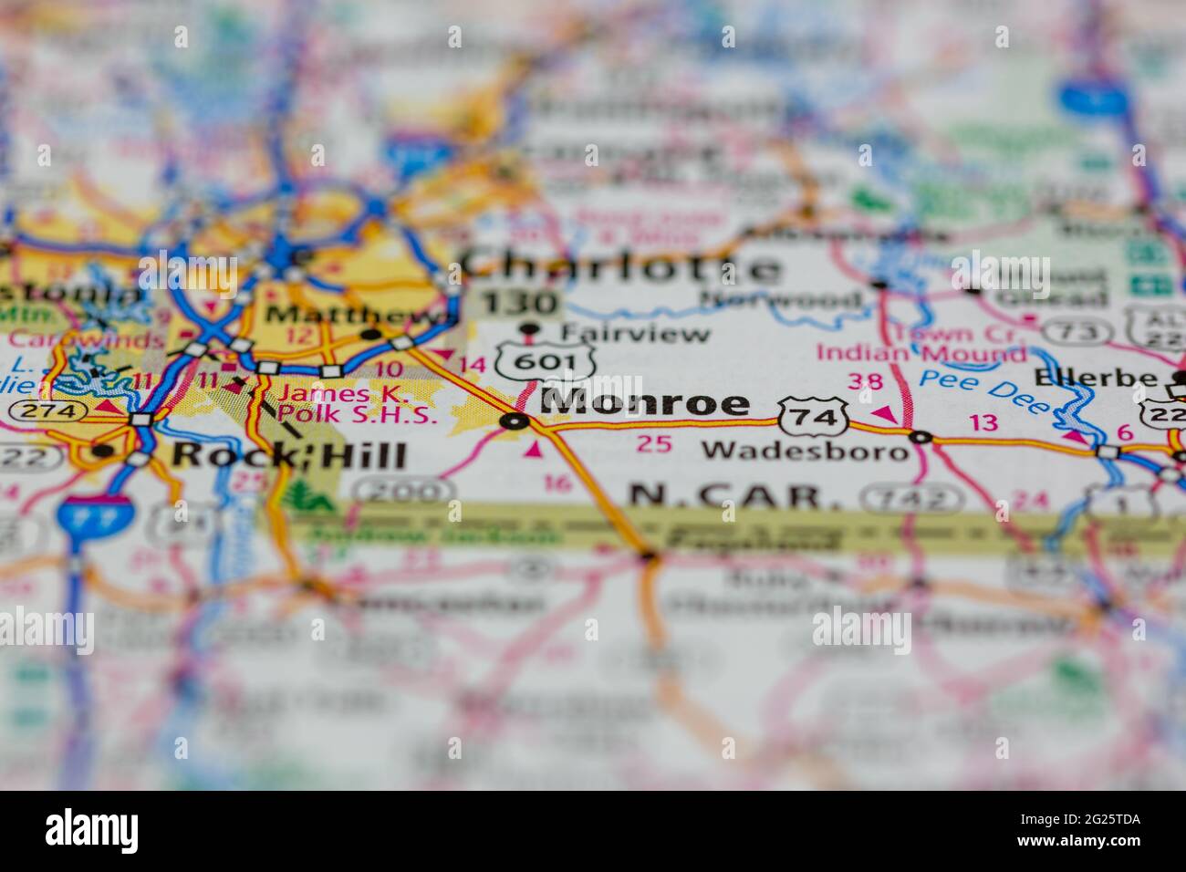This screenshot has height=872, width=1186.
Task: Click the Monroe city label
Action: pyautogui.click(x=645, y=402)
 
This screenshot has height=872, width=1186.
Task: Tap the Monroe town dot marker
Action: pyautogui.click(x=515, y=421)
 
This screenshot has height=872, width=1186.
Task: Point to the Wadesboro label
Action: pyautogui.click(x=806, y=450)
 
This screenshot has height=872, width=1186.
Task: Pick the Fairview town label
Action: pyautogui.click(x=635, y=333)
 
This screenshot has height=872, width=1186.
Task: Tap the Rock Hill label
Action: pyautogui.click(x=288, y=453)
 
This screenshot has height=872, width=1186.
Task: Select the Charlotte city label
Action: pyautogui.click(x=621, y=267)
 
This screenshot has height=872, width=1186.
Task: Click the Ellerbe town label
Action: pyautogui.click(x=1095, y=378)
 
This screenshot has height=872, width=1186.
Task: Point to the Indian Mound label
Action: pyautogui.click(x=921, y=353)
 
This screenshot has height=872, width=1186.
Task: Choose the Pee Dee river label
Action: pyautogui.click(x=983, y=389)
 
